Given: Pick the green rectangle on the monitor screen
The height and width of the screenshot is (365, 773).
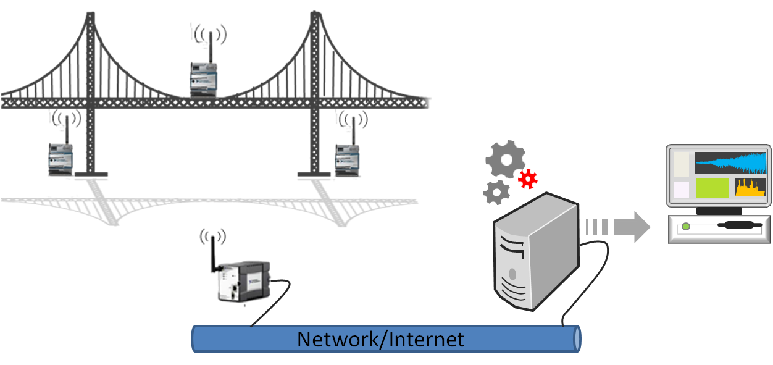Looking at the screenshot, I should click(712, 188).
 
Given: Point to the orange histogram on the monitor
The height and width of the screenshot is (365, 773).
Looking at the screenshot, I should click(750, 188).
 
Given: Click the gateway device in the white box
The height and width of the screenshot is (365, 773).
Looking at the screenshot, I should click(244, 281).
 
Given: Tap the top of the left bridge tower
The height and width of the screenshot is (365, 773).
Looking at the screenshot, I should click(91, 17).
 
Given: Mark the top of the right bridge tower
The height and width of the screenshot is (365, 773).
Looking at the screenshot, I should click(316, 17).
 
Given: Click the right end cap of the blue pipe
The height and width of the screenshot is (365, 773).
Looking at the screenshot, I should click(577, 338).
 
